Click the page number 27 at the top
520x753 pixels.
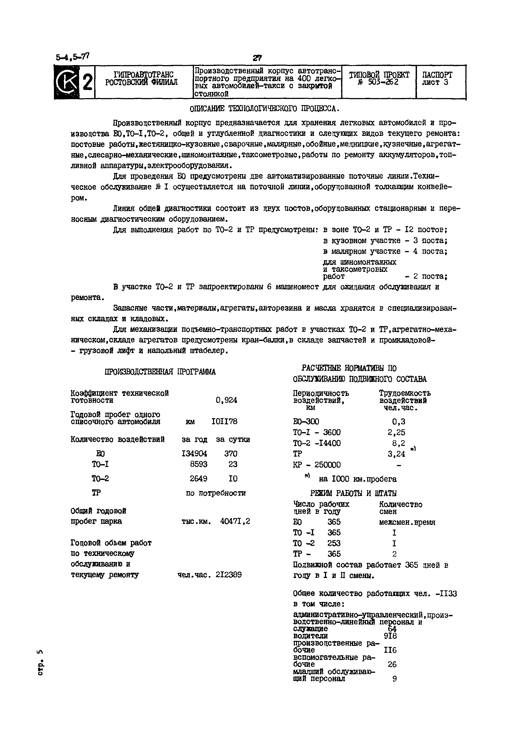click(x=257, y=58)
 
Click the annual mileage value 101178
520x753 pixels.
click(x=225, y=422)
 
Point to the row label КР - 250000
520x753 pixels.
click(x=317, y=465)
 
